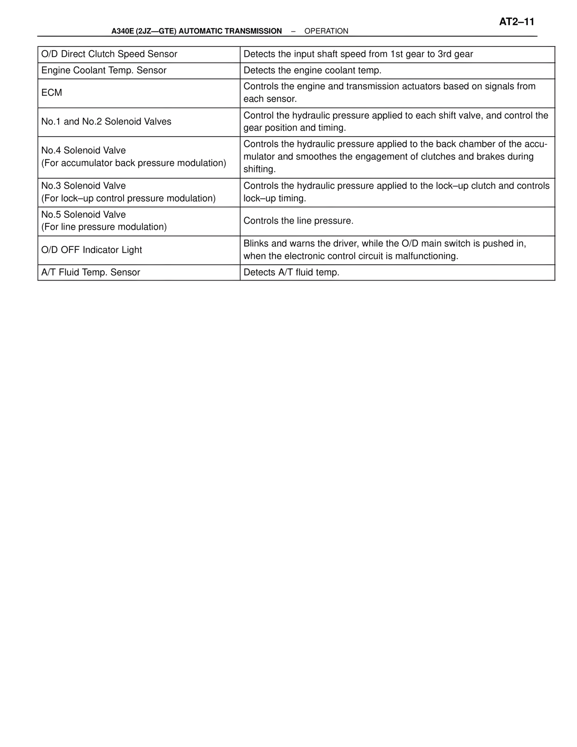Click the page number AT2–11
tap(516, 22)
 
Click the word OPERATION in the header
tap(326, 31)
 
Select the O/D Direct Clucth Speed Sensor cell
tap(110, 54)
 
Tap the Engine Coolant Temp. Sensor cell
tap(104, 70)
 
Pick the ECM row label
tap(52, 93)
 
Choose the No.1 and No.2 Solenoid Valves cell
tap(106, 122)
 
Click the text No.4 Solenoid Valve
tap(84, 151)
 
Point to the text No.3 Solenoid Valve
tap(84, 186)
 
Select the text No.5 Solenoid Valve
tap(84, 215)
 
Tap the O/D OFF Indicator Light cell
tap(92, 250)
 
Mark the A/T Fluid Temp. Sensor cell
tap(91, 272)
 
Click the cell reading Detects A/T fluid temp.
tap(292, 272)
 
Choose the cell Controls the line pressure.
tap(298, 221)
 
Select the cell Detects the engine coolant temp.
tap(312, 70)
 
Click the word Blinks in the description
tap(256, 244)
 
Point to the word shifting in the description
tap(260, 170)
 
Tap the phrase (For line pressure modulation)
tap(104, 227)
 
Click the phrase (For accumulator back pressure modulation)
tap(134, 163)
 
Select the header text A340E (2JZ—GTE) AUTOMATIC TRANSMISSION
tap(197, 31)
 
